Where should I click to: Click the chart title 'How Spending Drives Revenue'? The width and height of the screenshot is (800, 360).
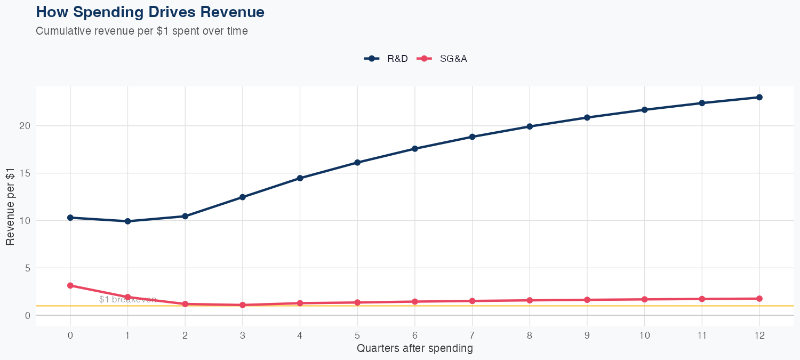(150, 12)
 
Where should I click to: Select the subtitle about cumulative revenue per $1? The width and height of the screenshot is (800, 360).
(142, 31)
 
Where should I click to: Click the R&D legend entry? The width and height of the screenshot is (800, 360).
(386, 59)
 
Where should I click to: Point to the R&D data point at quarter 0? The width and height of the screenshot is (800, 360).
(70, 218)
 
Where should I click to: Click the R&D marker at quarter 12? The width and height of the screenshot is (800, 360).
(759, 97)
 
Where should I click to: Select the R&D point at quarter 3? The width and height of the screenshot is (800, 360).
(243, 197)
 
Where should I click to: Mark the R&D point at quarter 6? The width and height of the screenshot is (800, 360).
(415, 149)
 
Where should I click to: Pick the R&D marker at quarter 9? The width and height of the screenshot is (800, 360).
(587, 117)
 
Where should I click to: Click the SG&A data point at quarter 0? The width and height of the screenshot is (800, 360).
(70, 286)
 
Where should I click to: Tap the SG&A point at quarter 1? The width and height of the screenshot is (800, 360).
(127, 297)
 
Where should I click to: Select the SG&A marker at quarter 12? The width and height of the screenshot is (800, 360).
(759, 299)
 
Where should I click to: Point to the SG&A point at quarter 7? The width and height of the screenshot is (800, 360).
(472, 301)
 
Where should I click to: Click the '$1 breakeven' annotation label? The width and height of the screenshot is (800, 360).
(127, 300)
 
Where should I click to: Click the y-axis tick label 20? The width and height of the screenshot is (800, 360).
(24, 126)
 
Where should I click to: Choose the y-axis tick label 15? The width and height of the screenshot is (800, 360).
(24, 173)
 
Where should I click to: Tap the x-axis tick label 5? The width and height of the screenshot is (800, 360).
(357, 335)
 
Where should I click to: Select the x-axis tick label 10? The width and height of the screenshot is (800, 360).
(644, 335)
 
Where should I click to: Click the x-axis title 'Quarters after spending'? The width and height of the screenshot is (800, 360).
(414, 349)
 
